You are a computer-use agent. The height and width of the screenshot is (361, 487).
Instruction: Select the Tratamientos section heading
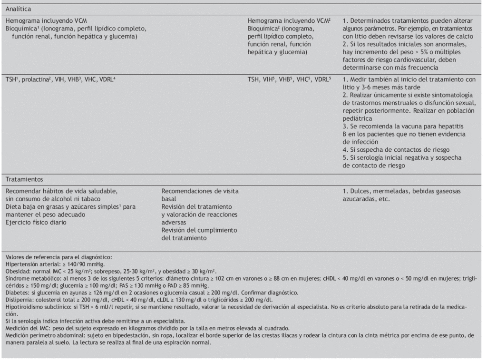click(24, 179)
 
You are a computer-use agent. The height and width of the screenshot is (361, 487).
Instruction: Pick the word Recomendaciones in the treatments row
click(188, 191)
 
